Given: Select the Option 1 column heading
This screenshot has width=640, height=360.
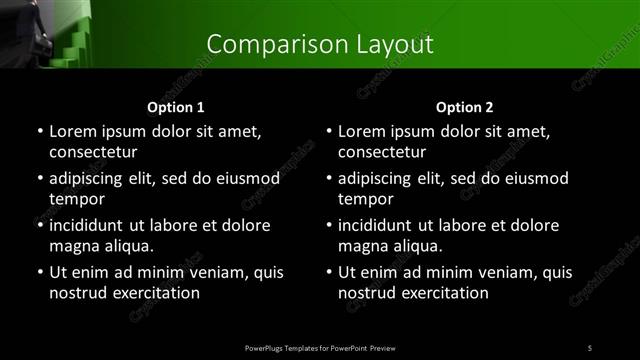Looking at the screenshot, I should pos(176,107).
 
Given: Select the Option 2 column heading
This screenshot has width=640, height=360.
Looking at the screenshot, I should pos(465,107).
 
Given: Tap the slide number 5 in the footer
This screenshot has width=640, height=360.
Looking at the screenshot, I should pos(590,347).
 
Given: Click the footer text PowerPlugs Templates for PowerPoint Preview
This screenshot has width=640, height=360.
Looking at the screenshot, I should pos(320,347).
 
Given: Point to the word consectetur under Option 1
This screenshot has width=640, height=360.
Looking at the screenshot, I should pos(93,152).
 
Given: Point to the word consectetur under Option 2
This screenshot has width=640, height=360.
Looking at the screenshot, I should pos(382,152).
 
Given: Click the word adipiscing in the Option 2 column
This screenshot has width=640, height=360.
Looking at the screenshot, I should pos(381,179).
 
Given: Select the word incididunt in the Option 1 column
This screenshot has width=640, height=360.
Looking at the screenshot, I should pos(91,226).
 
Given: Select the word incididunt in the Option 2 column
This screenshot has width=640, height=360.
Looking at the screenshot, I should pos(380,226).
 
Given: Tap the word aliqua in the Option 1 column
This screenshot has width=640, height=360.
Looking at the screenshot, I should pos(127,246).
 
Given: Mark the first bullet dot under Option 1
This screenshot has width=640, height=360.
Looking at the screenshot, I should pos(39,132).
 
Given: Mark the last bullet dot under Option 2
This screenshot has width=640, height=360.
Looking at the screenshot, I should pos(328,273).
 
